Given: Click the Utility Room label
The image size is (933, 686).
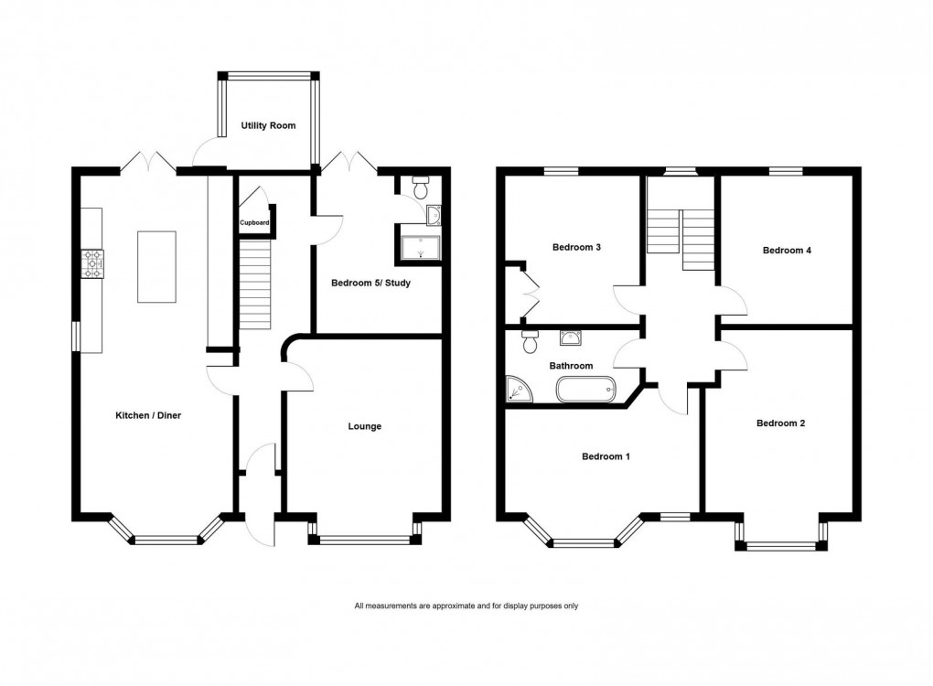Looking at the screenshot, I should click(268, 125).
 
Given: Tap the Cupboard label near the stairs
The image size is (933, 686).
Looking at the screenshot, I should click(254, 222).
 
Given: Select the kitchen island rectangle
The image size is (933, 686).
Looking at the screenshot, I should click(156, 266).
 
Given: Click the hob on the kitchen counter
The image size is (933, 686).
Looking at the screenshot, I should click(92, 264).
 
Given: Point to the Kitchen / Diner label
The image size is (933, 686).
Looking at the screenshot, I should click(147, 415).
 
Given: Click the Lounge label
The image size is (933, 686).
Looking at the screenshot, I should click(364, 426).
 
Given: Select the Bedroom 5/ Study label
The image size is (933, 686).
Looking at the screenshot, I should click(370, 283).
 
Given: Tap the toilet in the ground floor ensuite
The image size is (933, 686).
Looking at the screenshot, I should click(421, 189).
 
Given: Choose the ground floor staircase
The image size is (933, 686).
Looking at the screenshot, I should click(256, 284).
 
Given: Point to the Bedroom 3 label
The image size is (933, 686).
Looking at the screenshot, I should click(576, 247).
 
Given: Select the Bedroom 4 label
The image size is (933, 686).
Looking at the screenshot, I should click(787, 250).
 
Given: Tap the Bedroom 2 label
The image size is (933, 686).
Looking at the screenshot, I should click(780, 423).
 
